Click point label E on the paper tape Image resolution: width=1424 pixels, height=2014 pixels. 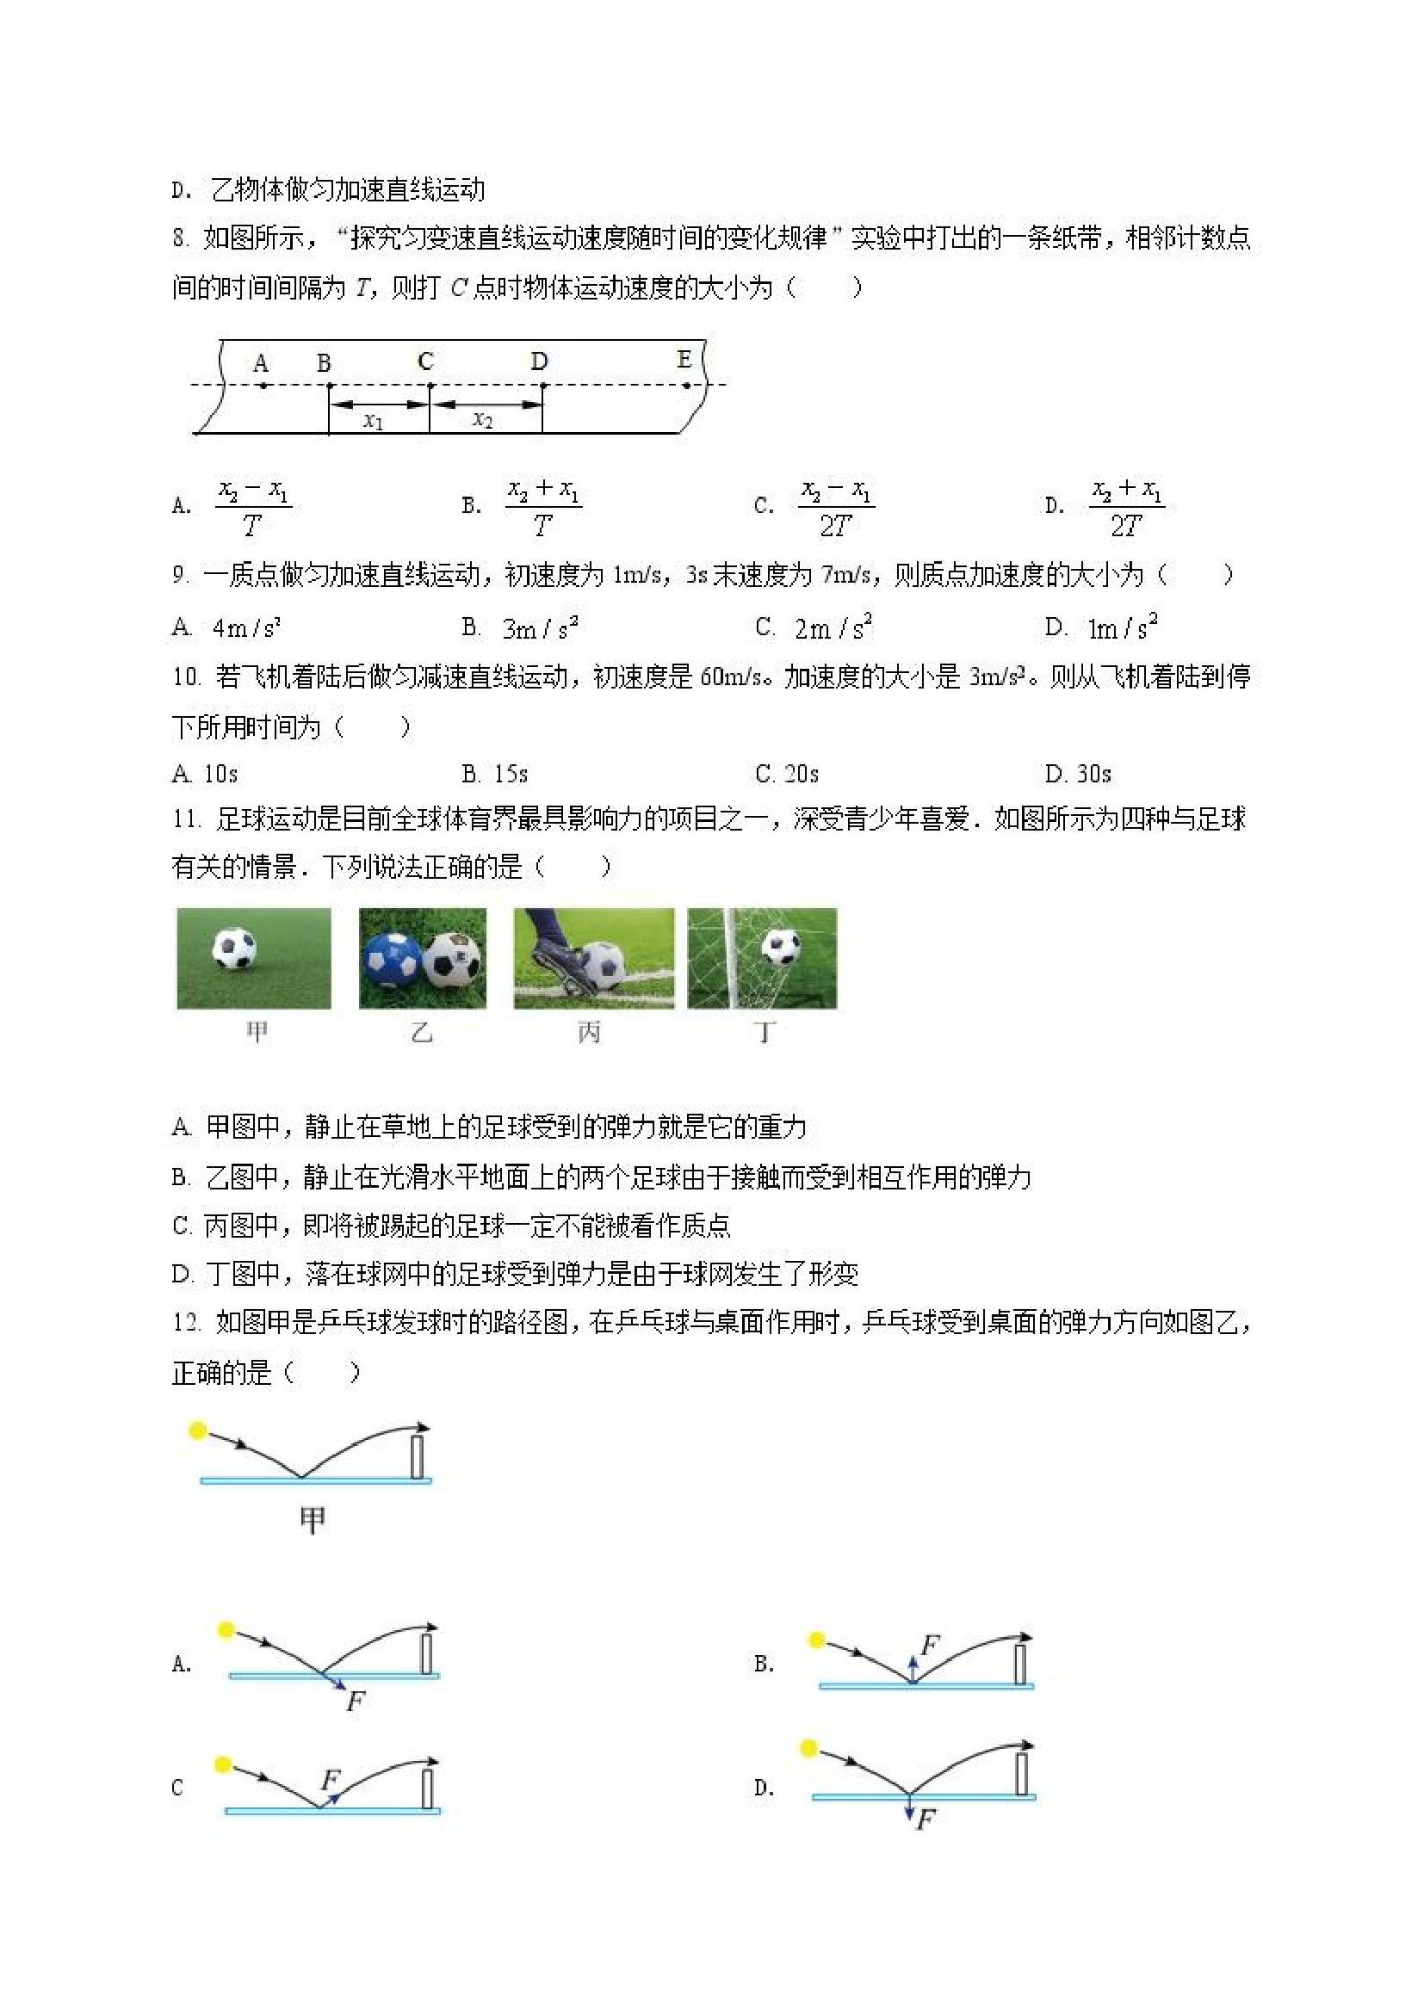tap(684, 359)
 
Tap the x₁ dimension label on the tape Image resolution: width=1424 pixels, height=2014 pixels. tap(374, 421)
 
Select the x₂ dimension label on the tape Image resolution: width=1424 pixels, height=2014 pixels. tap(483, 419)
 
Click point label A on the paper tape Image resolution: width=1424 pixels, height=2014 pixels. tap(261, 362)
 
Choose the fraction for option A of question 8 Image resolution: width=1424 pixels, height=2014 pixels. tap(254, 507)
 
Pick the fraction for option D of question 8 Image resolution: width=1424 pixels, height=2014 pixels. tap(1127, 507)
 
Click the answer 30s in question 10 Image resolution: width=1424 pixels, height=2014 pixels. tap(1093, 774)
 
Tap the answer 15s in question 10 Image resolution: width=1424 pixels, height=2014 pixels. tap(511, 774)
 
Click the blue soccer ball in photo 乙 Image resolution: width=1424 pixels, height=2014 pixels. tap(392, 958)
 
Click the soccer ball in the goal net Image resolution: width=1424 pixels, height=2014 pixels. tap(780, 947)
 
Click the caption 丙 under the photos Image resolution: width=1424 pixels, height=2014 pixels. tap(589, 1033)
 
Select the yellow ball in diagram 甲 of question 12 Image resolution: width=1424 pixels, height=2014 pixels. tap(198, 1430)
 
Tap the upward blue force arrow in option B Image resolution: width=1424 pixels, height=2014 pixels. tap(913, 1667)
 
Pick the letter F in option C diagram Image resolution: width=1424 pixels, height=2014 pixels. tap(330, 1780)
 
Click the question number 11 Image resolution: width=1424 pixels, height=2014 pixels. tap(185, 820)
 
